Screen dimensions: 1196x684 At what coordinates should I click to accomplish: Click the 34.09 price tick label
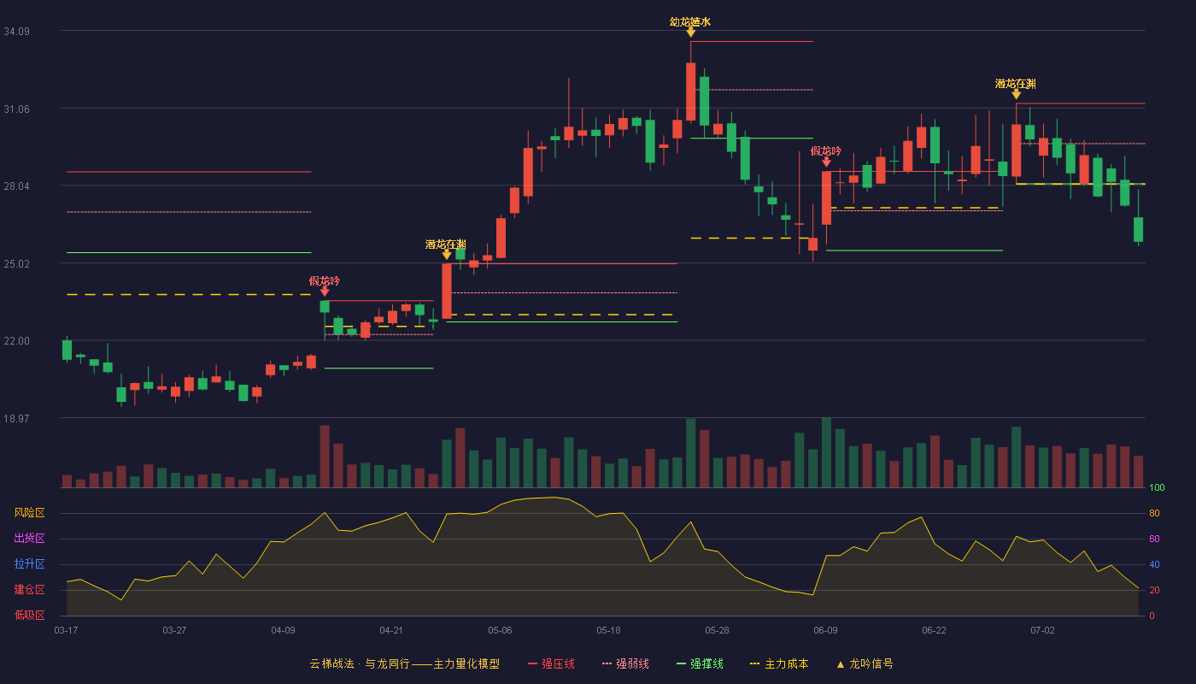coord(16,32)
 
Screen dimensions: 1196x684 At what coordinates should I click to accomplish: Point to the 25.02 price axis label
coord(16,264)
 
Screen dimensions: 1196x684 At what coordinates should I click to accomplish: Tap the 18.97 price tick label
coord(16,418)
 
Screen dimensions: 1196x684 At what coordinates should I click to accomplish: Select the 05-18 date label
coord(608,631)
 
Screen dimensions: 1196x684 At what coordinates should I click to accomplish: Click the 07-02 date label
coord(1043,631)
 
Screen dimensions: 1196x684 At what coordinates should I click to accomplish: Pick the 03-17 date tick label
coord(67,631)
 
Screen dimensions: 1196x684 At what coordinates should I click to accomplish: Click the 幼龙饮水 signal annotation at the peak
coord(690,22)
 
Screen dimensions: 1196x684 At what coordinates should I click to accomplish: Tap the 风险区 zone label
coord(29,513)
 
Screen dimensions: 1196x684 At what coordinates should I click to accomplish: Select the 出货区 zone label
coord(29,538)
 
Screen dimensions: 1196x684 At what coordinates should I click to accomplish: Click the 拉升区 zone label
coord(29,563)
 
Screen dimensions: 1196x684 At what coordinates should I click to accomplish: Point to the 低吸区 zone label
coord(29,615)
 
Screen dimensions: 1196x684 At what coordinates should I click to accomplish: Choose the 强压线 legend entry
coord(551,663)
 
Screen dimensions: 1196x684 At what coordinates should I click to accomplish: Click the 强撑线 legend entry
coord(700,663)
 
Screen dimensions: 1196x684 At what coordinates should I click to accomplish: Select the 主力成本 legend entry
coord(779,663)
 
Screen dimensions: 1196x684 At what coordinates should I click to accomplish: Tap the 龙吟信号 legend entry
coord(865,663)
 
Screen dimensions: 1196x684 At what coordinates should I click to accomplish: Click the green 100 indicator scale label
coord(1157,487)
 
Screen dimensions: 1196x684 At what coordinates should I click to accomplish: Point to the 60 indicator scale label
coord(1154,539)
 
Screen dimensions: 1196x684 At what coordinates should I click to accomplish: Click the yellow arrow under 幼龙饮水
coord(690,32)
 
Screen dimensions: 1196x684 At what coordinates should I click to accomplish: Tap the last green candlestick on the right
coord(1138,230)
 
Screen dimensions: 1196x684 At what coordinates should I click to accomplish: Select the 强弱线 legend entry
coord(625,663)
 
